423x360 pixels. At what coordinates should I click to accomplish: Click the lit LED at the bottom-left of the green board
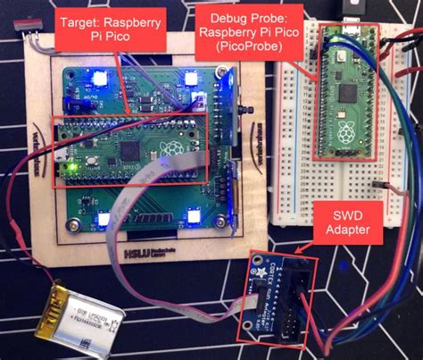pyautogui.click(x=104, y=217)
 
